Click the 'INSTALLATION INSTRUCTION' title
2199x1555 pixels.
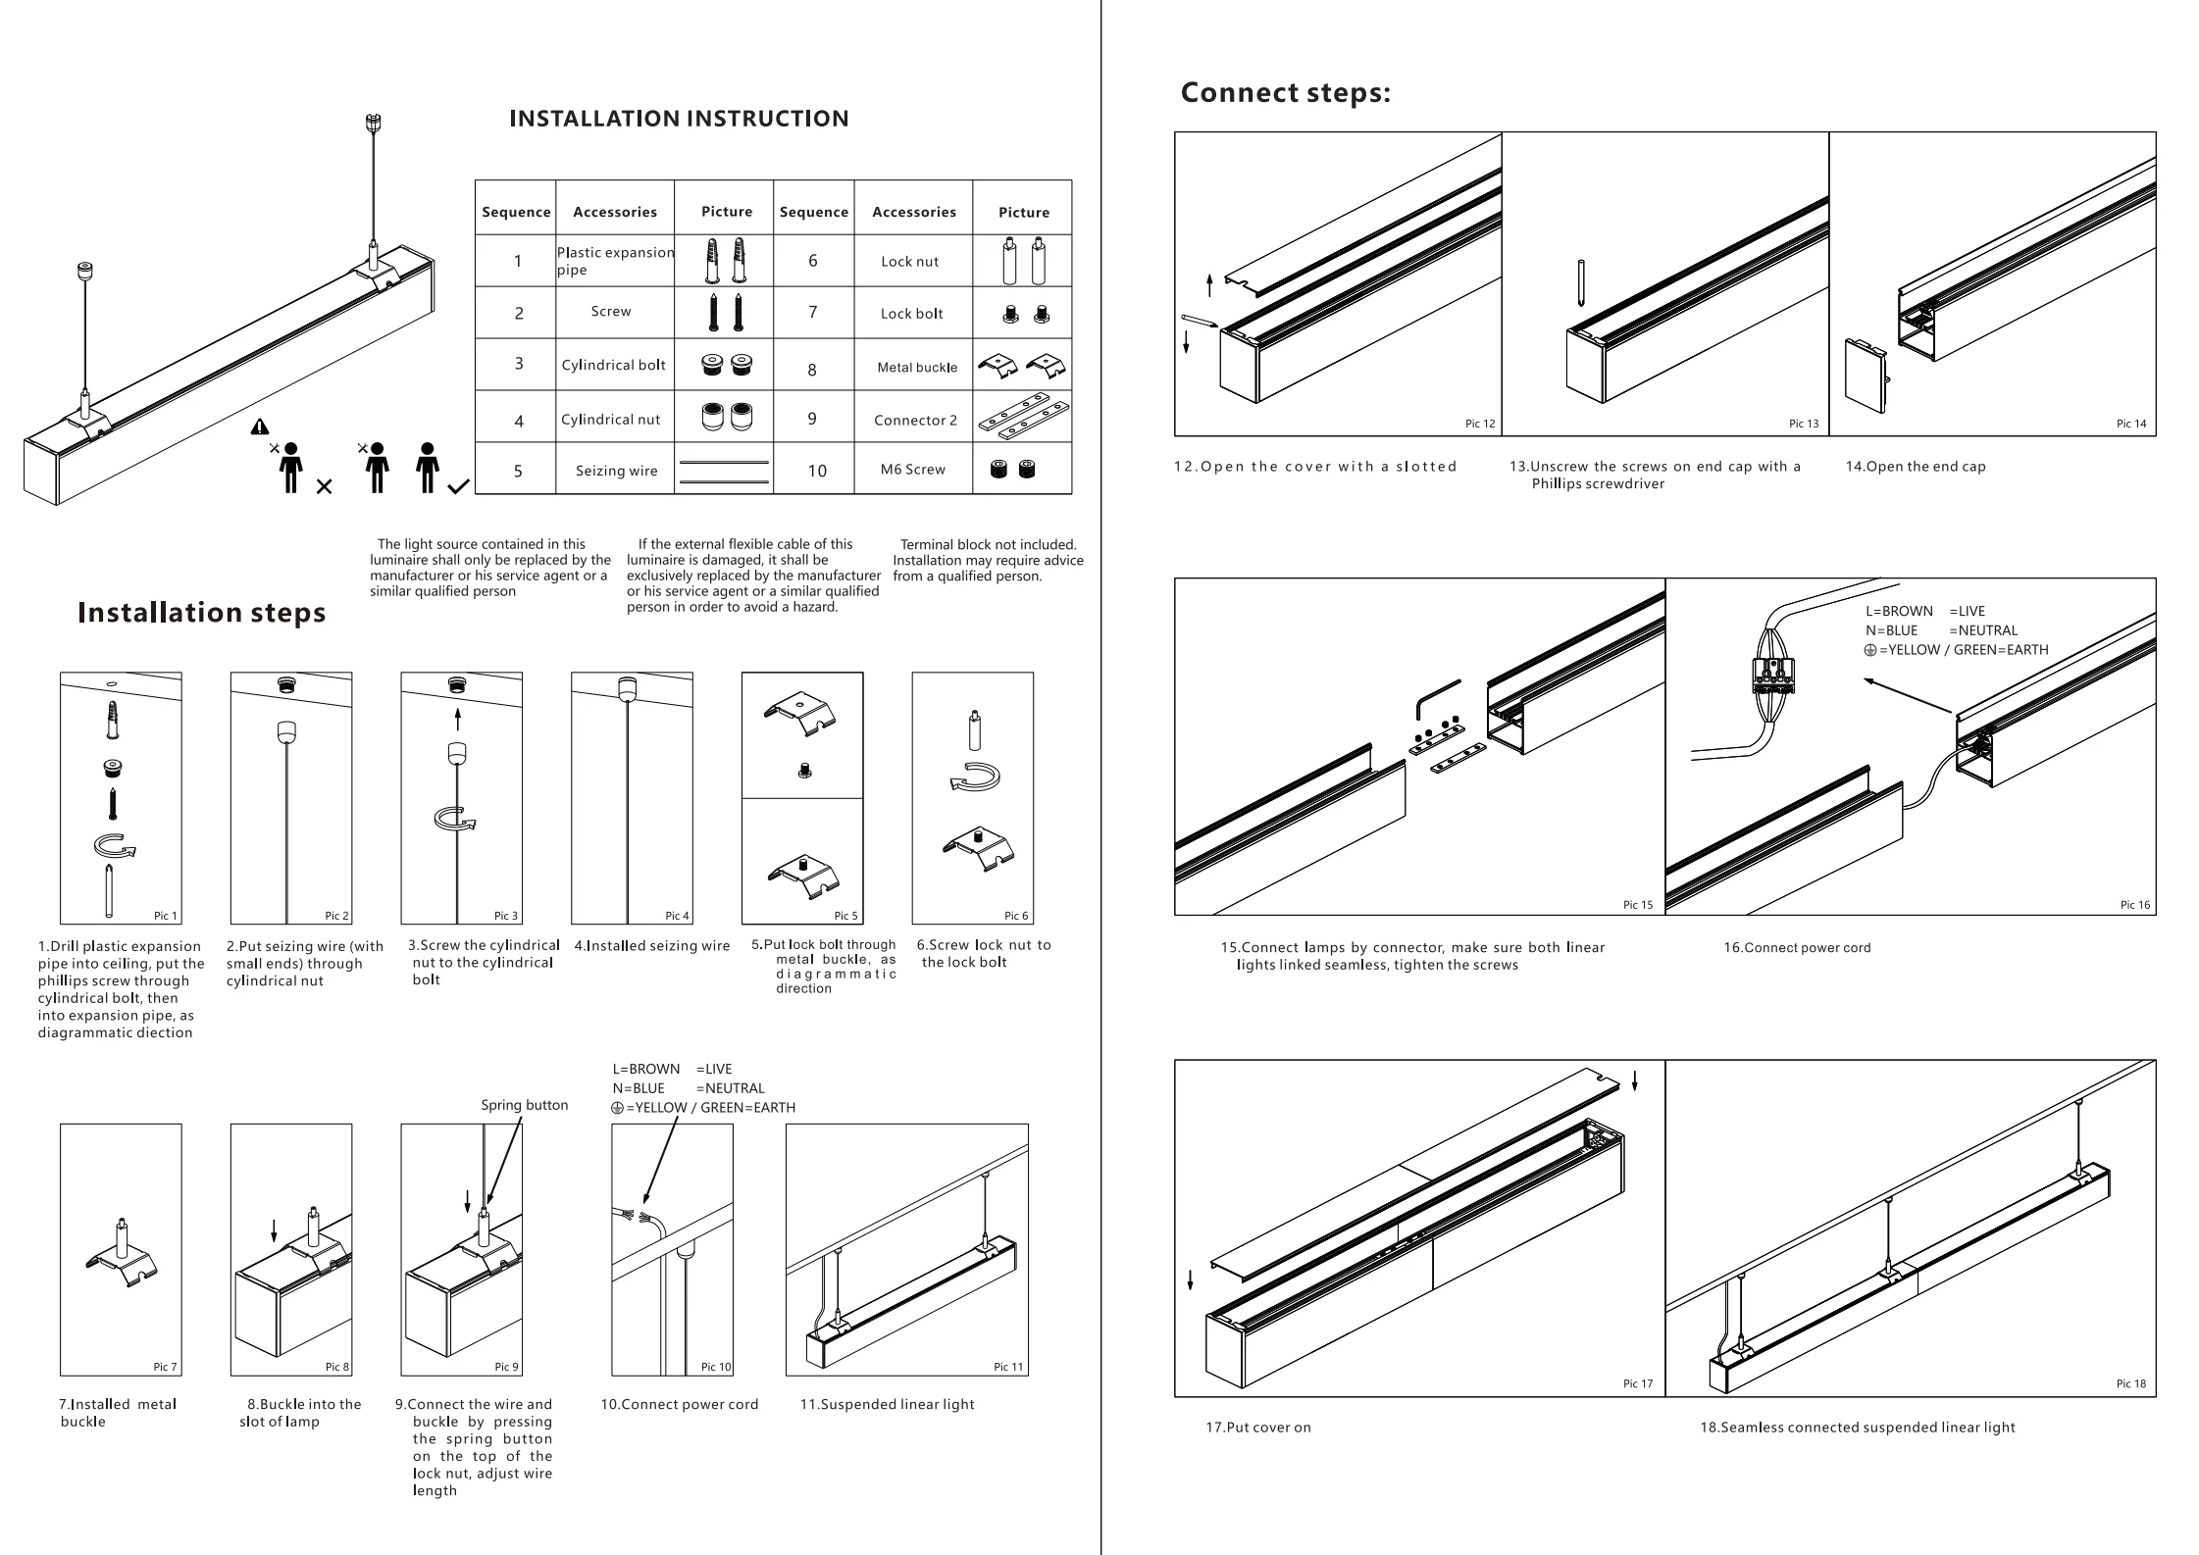(679, 119)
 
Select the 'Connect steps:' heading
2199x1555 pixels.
(1285, 92)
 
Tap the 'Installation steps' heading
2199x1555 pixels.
(201, 613)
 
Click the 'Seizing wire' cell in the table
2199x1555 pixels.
(616, 471)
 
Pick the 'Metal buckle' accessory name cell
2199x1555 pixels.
(917, 368)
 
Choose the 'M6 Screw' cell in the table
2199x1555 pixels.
(912, 470)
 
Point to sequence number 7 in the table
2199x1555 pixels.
(812, 312)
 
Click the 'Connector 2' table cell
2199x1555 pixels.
(915, 420)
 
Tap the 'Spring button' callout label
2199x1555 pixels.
(524, 1105)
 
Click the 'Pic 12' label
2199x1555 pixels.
(1480, 424)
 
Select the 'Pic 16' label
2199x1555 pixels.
(2134, 905)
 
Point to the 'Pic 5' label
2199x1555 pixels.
(845, 916)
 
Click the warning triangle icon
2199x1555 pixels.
(259, 426)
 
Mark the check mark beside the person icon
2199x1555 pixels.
(458, 486)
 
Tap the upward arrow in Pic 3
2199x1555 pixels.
(458, 720)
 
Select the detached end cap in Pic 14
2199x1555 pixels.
(1865, 375)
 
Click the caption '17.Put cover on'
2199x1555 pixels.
(1257, 1428)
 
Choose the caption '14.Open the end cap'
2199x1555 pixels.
(1915, 467)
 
